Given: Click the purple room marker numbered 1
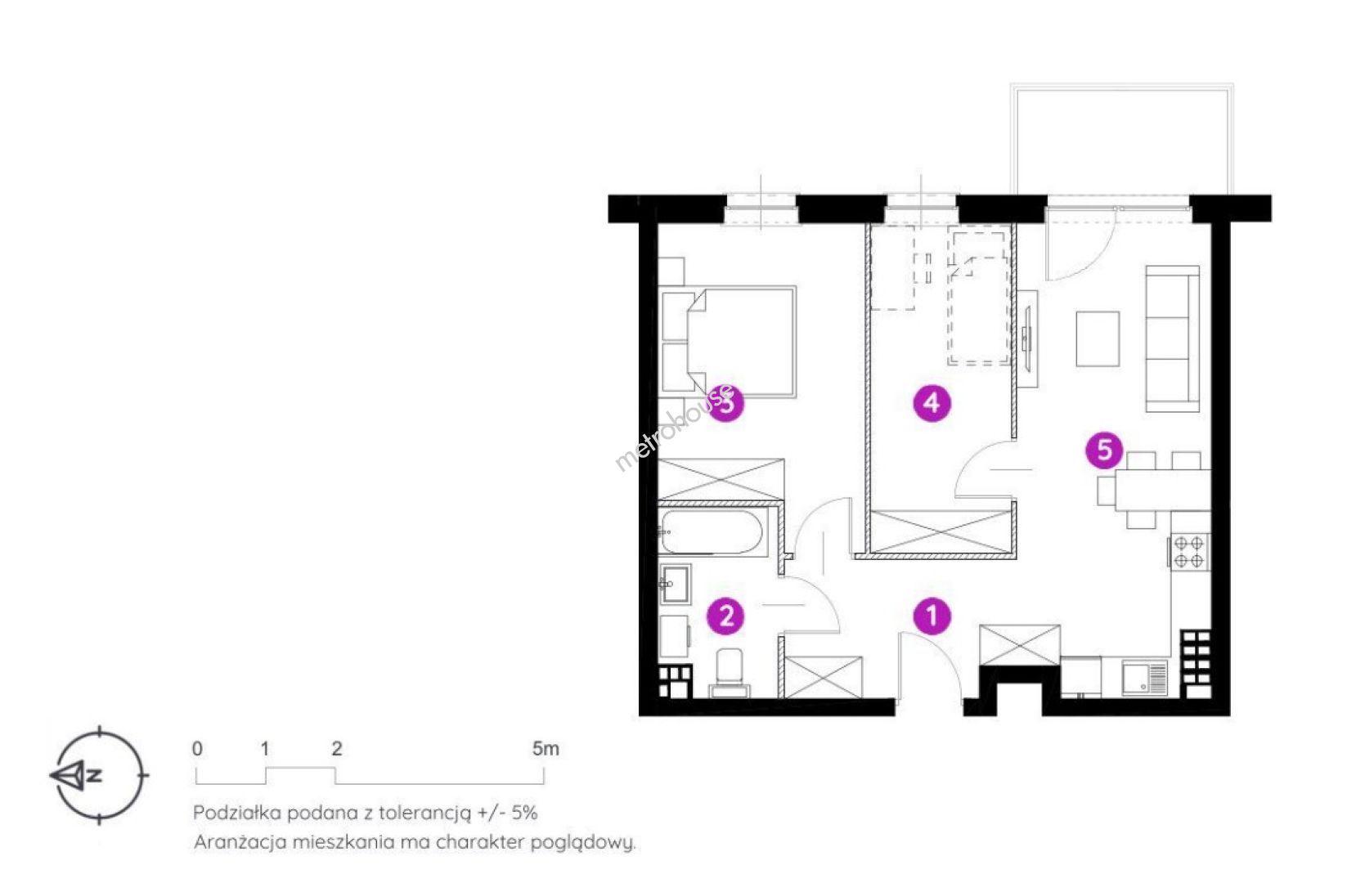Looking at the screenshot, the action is point(932,616).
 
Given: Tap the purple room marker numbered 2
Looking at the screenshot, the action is point(725,616).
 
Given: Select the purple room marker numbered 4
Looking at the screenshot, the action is point(932,402).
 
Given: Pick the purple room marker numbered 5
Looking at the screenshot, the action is point(1104,450).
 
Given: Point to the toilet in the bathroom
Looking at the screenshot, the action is point(730,672).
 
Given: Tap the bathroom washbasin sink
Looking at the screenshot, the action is point(675,584).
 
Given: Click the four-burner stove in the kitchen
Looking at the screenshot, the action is point(1188,551).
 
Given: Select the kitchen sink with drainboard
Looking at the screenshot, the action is point(1145,677).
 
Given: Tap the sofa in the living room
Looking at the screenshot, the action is point(1172,339).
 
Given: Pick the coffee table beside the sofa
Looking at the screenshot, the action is point(1097,339).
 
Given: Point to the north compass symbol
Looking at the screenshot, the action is point(99,774).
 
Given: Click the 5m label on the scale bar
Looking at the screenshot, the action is point(545,749).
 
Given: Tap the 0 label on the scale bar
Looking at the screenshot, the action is point(197,749).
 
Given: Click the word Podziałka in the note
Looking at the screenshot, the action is point(237,813).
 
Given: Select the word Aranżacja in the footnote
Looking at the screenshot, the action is point(240,843).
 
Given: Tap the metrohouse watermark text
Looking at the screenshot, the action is point(674,428).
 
